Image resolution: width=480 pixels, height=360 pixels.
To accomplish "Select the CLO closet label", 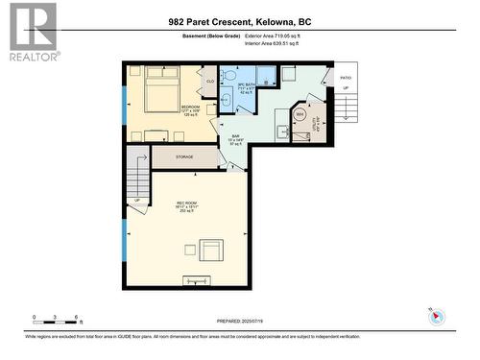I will point(210,82).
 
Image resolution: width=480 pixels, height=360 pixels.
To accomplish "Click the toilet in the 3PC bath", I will point(229,77).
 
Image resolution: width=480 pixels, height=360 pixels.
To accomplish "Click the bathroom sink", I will point(228,97).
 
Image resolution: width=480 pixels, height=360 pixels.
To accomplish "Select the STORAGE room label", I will point(184,156).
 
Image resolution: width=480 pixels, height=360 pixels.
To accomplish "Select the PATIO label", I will point(345,78).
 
